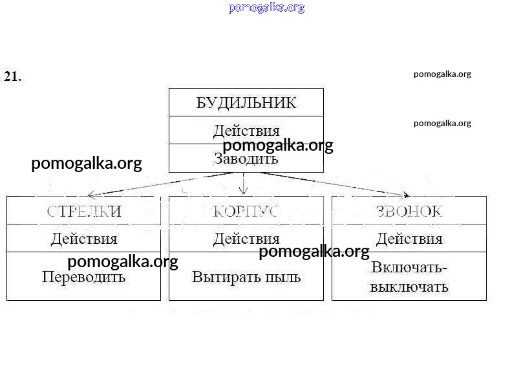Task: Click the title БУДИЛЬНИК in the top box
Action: point(246,102)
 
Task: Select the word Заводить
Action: point(246,158)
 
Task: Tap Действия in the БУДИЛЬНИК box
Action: point(246,131)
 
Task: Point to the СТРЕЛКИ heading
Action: point(84,211)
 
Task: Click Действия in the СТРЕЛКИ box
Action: point(84,239)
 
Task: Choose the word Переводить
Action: point(84,277)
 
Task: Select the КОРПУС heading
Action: point(246,211)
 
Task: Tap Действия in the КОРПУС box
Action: point(246,239)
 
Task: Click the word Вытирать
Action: point(222,277)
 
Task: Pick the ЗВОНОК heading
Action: point(409,211)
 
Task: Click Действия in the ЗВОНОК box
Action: point(409,239)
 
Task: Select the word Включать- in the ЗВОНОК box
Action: point(409,268)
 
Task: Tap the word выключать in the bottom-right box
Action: point(409,287)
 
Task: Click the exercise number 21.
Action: point(12,76)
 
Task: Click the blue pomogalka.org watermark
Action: point(266,8)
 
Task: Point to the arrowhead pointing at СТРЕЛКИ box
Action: point(91,194)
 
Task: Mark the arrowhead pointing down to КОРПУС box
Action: point(244,190)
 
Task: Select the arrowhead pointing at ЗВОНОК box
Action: point(406,195)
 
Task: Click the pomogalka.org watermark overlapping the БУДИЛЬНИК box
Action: point(278,146)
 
